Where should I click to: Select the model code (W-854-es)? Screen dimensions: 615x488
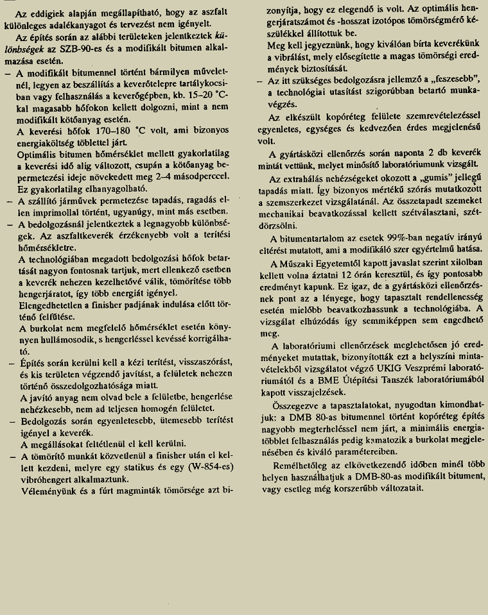[x=207, y=467]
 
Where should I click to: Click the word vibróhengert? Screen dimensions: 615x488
[x=46, y=479]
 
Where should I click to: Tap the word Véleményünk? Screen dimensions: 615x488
[x=48, y=490]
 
